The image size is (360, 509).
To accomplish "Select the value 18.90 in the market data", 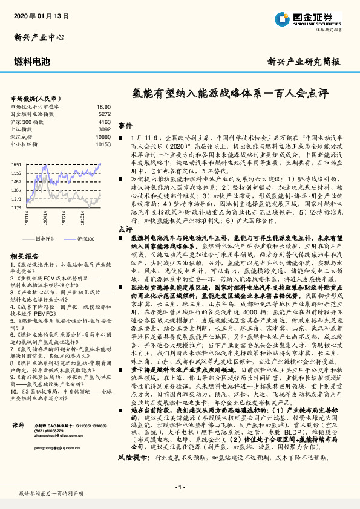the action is click(104, 106).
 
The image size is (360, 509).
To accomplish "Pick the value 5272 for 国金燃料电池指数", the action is click(104, 114).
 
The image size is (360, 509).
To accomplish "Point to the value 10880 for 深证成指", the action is click(103, 137).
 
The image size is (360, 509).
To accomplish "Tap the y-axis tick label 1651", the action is click(16, 164).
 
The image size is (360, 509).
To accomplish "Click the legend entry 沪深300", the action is click(87, 239).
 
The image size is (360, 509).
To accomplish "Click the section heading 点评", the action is click(125, 230).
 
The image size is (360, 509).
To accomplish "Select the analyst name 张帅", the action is click(18, 425).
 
